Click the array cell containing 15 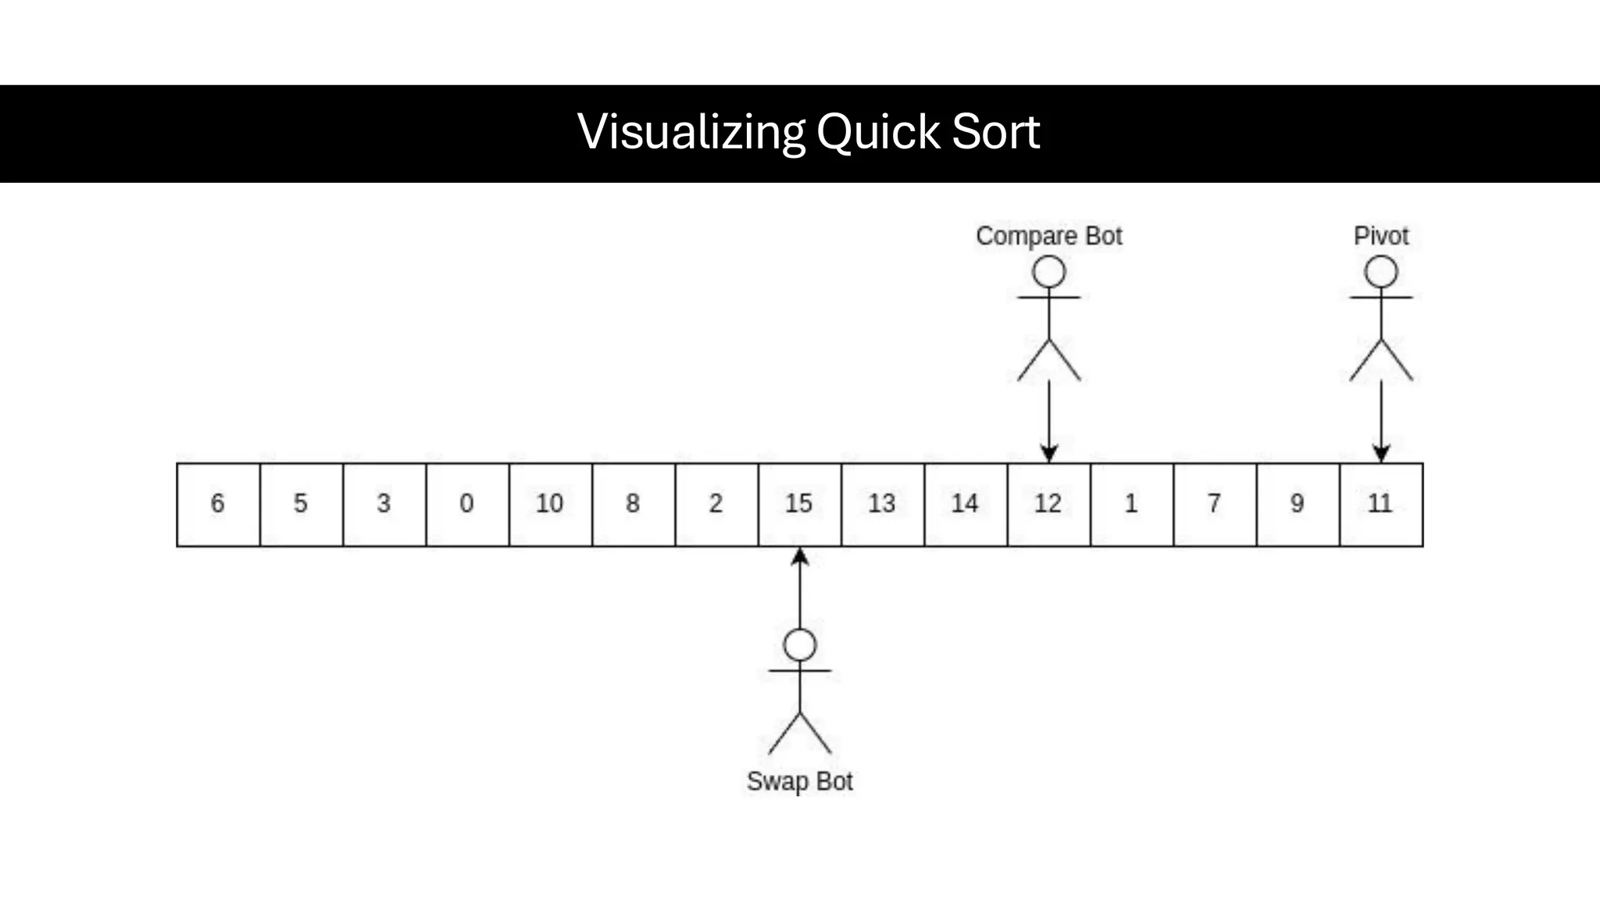click(799, 504)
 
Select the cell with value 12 click(1048, 504)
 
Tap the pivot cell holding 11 click(1380, 504)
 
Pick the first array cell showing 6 click(218, 504)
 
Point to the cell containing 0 click(467, 504)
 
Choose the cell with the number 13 click(882, 504)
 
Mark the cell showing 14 click(966, 504)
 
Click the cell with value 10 click(550, 504)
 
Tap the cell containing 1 click(1131, 504)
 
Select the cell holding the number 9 click(1298, 504)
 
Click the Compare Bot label click(1048, 236)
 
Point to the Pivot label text click(1380, 236)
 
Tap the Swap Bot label click(799, 781)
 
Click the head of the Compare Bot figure click(1048, 273)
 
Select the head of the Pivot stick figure click(1380, 273)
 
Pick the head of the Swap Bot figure click(799, 645)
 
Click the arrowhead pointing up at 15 click(799, 556)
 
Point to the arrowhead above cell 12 click(1048, 453)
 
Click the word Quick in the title click(878, 132)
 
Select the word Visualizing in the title click(691, 132)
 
